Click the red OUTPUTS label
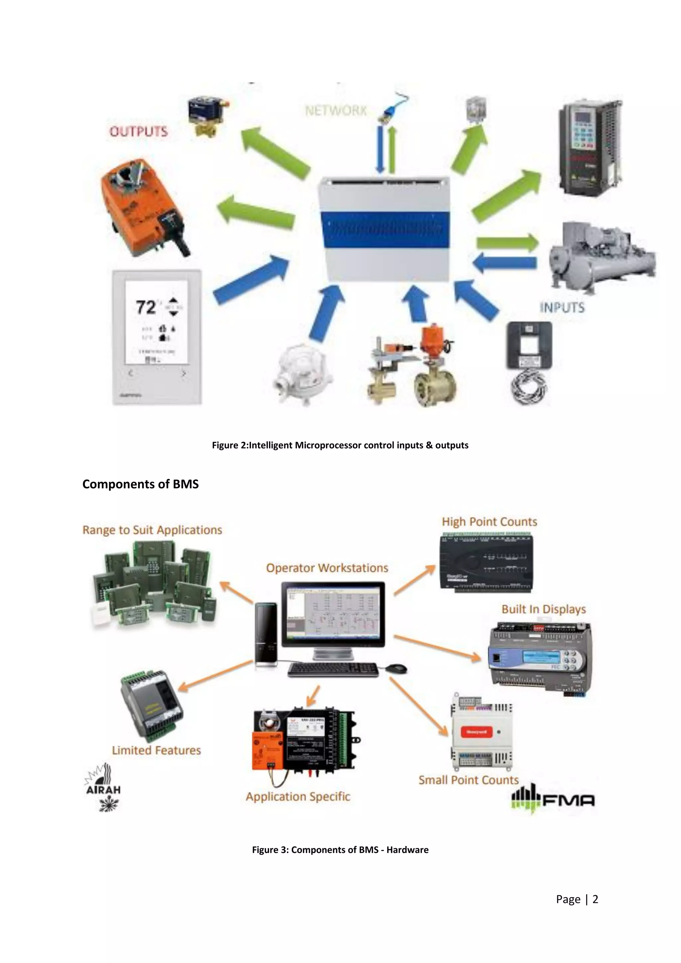138,132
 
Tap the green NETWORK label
336,111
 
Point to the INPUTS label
562,308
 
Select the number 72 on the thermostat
146,307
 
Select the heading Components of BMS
140,484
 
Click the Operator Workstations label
327,568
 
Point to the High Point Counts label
489,522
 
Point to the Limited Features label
156,751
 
